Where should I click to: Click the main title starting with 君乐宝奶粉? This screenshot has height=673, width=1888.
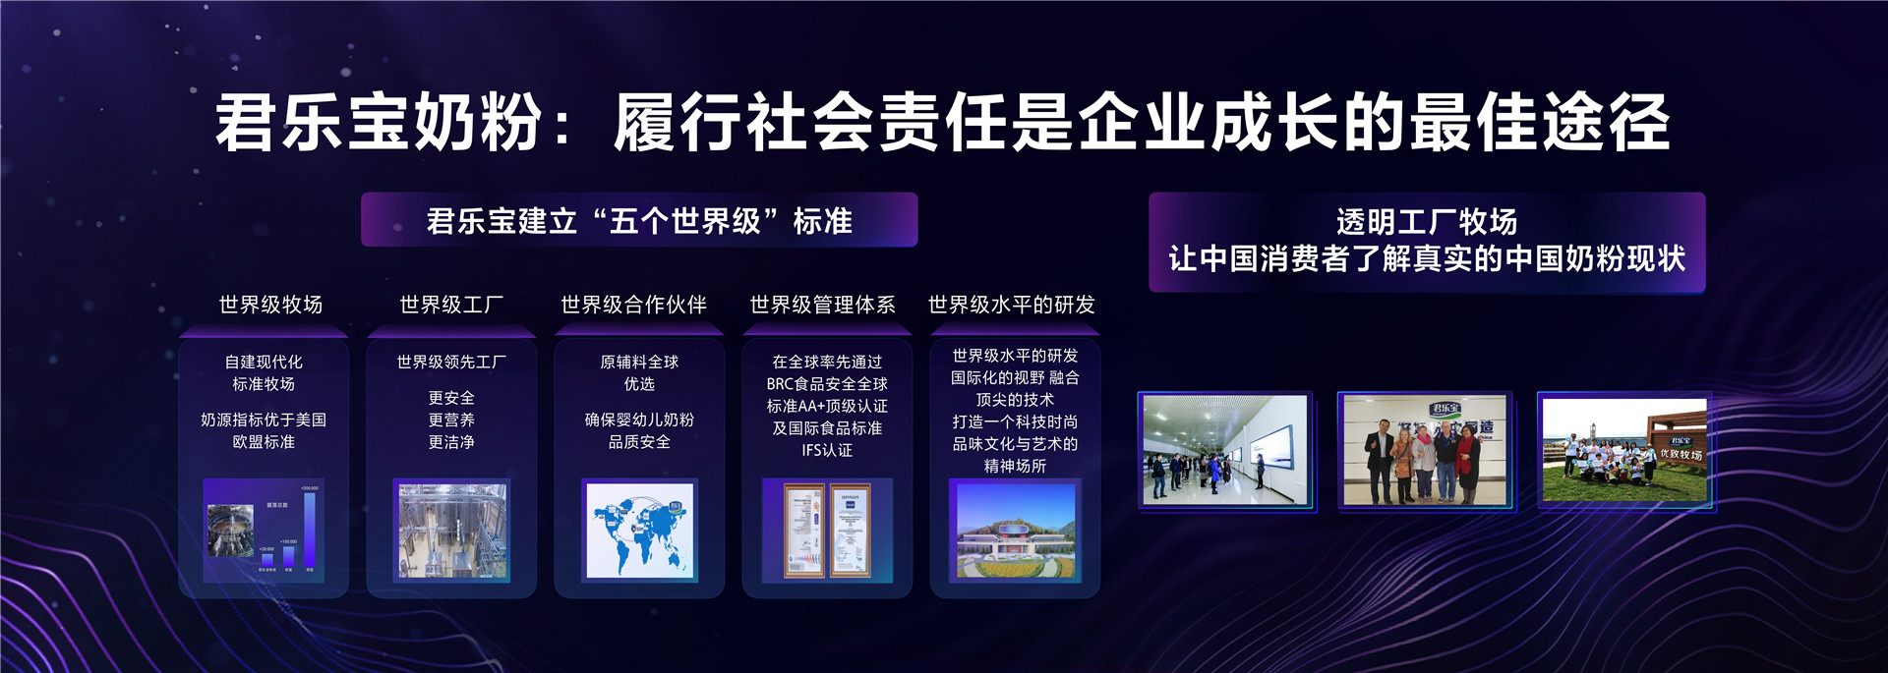pyautogui.click(x=942, y=124)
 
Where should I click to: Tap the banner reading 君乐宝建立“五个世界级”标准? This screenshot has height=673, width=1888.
pyautogui.click(x=639, y=221)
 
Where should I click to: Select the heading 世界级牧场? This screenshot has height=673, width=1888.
pyautogui.click(x=270, y=306)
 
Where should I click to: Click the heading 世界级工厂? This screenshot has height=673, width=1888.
pyautogui.click(x=451, y=306)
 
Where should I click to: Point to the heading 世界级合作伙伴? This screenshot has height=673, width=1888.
pyautogui.click(x=634, y=306)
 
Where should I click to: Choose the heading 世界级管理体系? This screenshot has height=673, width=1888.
pyautogui.click(x=823, y=306)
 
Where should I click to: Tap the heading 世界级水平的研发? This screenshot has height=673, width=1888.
pyautogui.click(x=1012, y=306)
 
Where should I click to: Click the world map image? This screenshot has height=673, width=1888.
pyautogui.click(x=640, y=531)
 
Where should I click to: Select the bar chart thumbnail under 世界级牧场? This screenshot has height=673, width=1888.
pyautogui.click(x=264, y=531)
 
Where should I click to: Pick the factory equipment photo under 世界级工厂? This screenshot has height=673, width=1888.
pyautogui.click(x=451, y=531)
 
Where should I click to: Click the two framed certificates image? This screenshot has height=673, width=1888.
pyautogui.click(x=827, y=531)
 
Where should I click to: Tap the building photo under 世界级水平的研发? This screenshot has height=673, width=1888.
pyautogui.click(x=1015, y=531)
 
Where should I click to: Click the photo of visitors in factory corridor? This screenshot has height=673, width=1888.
pyautogui.click(x=1225, y=450)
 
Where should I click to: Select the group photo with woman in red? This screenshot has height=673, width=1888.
pyautogui.click(x=1425, y=450)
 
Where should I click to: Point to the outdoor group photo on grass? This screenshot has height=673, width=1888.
pyautogui.click(x=1624, y=450)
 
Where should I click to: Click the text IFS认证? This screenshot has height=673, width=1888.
pyautogui.click(x=827, y=451)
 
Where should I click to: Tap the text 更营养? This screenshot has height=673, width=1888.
pyautogui.click(x=451, y=421)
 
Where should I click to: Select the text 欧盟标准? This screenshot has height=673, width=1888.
pyautogui.click(x=264, y=442)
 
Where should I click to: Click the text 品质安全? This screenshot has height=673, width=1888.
pyautogui.click(x=639, y=442)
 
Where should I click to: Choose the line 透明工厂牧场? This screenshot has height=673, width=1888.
pyautogui.click(x=1426, y=223)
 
